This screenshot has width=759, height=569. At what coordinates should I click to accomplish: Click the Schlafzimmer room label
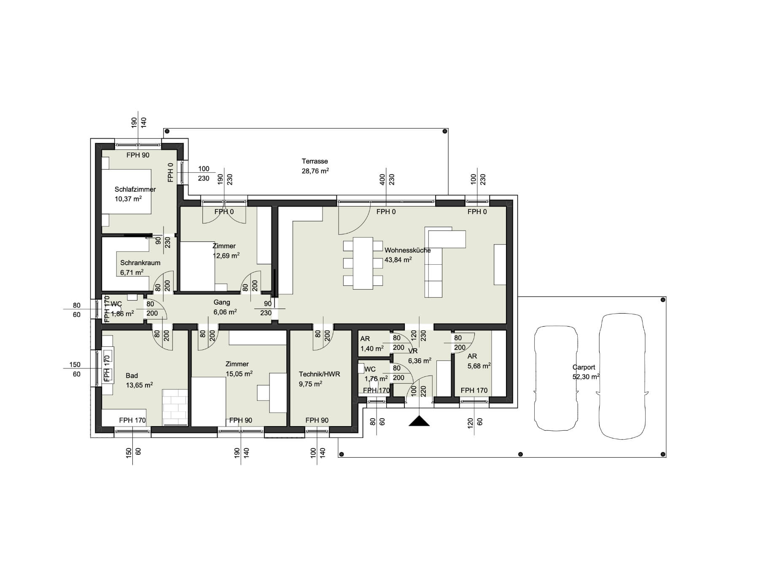pyautogui.click(x=135, y=189)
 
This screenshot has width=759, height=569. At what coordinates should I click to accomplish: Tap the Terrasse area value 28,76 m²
pyautogui.click(x=315, y=171)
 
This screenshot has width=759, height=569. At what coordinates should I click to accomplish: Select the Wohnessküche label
pyautogui.click(x=407, y=250)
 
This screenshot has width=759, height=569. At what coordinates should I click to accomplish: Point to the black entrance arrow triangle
pyautogui.click(x=419, y=421)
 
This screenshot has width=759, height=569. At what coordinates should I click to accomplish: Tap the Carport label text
pyautogui.click(x=584, y=367)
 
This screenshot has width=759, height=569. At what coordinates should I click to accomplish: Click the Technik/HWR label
pyautogui.click(x=319, y=374)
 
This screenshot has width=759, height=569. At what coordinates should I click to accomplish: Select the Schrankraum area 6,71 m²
pyautogui.click(x=132, y=272)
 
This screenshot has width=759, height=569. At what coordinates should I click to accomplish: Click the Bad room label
pyautogui.click(x=132, y=376)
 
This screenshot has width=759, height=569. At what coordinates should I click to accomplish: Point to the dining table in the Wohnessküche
pyautogui.click(x=363, y=263)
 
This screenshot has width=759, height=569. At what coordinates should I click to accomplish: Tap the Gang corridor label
pyautogui.click(x=222, y=302)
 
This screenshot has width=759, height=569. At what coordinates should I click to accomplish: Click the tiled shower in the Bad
pyautogui.click(x=175, y=408)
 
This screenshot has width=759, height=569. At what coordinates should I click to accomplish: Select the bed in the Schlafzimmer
pyautogui.click(x=126, y=192)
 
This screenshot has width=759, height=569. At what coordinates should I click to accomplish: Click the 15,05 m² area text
pyautogui.click(x=239, y=373)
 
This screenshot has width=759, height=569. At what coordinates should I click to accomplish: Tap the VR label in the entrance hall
pyautogui.click(x=413, y=351)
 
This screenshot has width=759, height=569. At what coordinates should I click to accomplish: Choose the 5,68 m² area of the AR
pyautogui.click(x=479, y=366)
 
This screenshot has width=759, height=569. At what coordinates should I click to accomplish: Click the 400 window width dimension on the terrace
pyautogui.click(x=382, y=180)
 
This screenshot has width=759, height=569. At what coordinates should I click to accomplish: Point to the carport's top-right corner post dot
pyautogui.click(x=663, y=300)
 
